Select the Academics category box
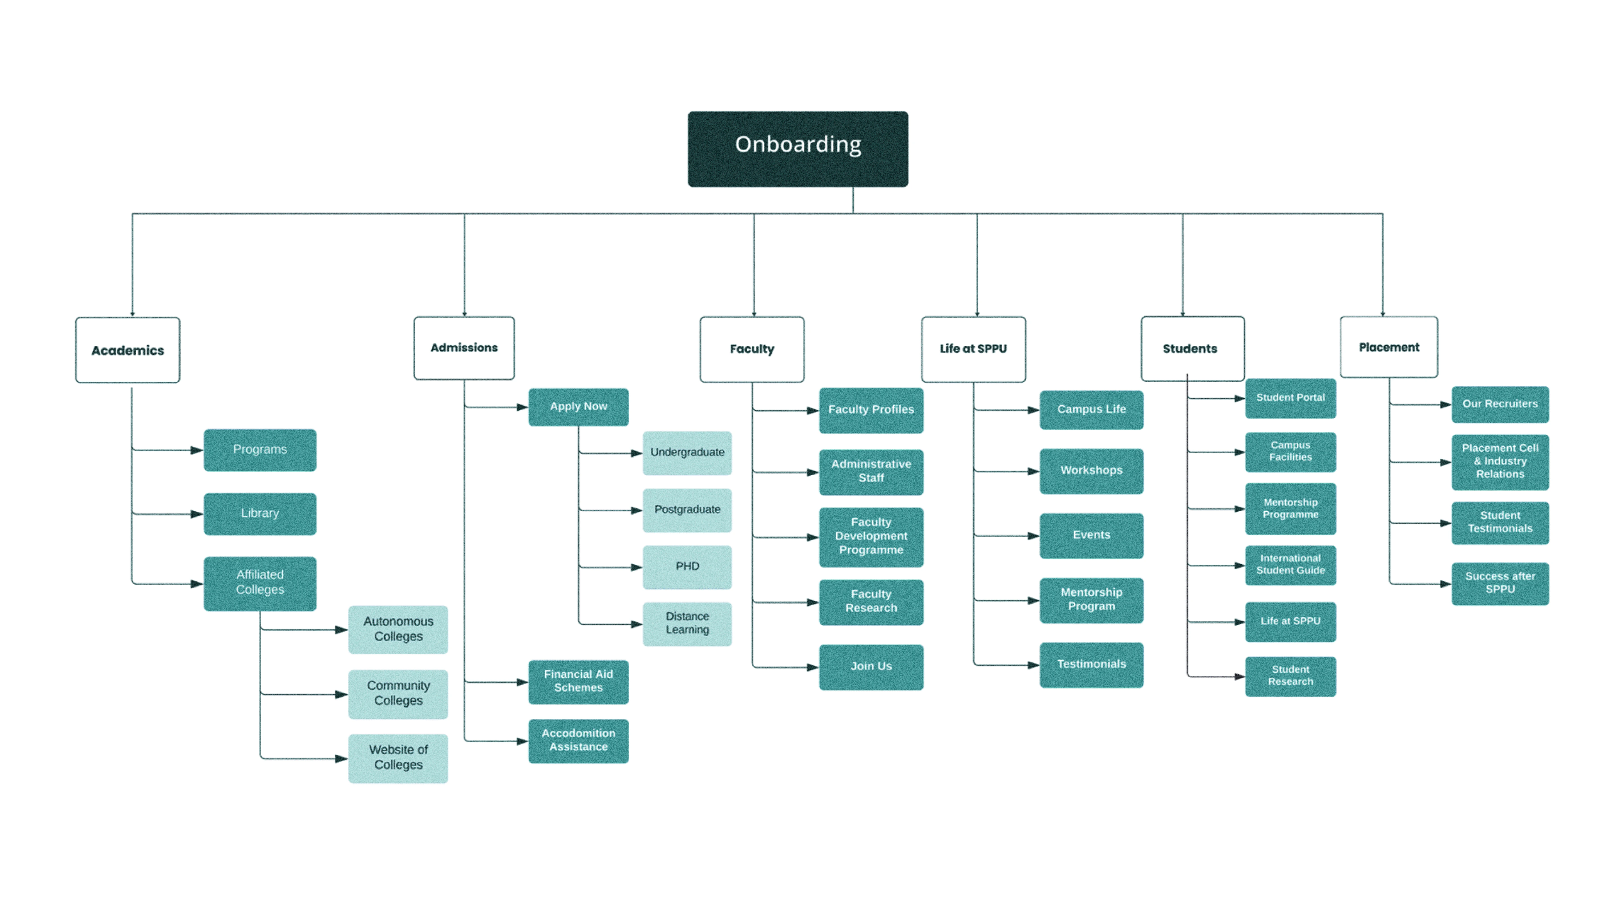click(x=128, y=350)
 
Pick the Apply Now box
click(x=578, y=407)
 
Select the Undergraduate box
click(x=687, y=453)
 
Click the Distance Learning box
click(x=687, y=624)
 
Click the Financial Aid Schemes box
click(x=578, y=681)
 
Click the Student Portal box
click(x=1290, y=398)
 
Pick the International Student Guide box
click(x=1290, y=565)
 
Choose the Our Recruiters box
click(x=1500, y=404)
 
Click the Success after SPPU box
click(x=1500, y=583)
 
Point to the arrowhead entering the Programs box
click(x=197, y=450)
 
